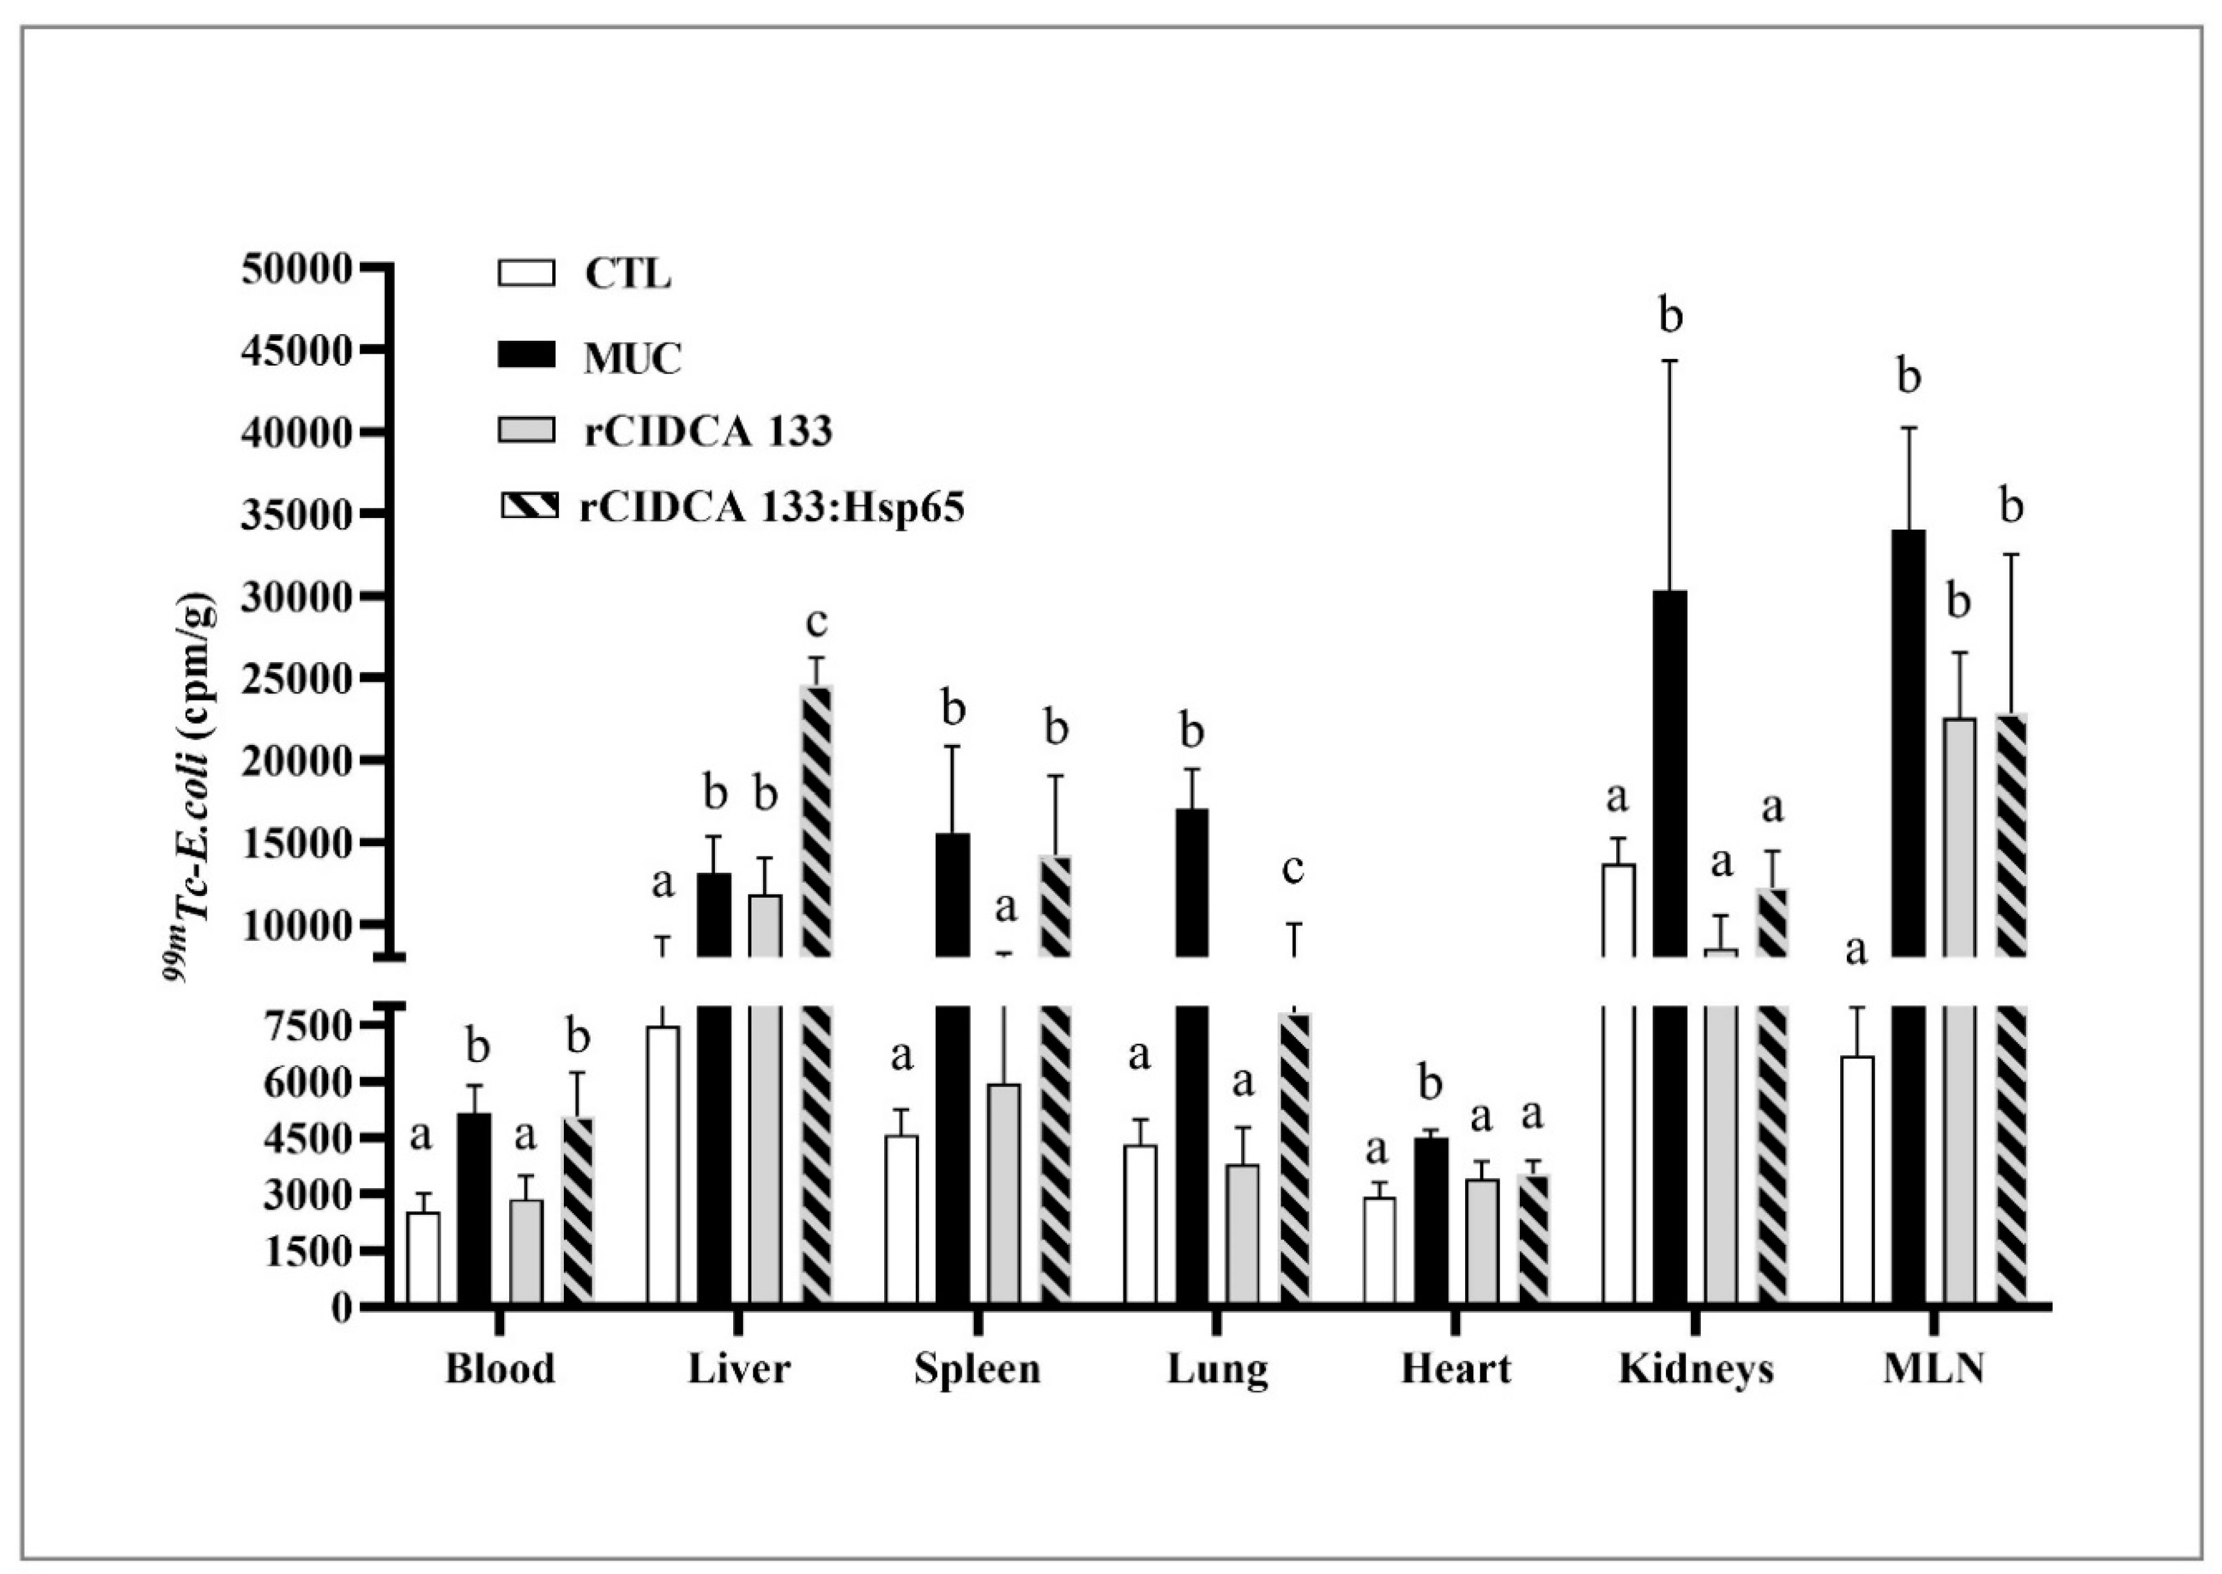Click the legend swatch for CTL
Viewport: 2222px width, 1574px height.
point(526,273)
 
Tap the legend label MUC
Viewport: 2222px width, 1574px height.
point(632,359)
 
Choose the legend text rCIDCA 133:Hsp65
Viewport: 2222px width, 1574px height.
point(773,508)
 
